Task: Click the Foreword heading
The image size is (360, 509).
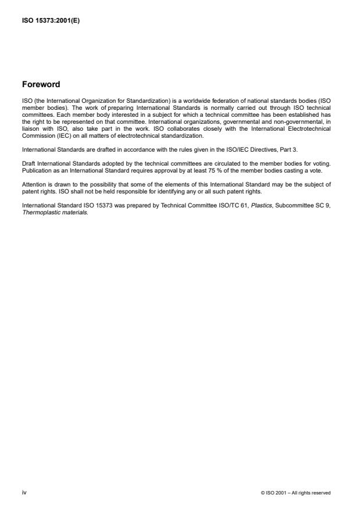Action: tap(41, 84)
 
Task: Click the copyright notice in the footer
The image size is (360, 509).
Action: tap(296, 493)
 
